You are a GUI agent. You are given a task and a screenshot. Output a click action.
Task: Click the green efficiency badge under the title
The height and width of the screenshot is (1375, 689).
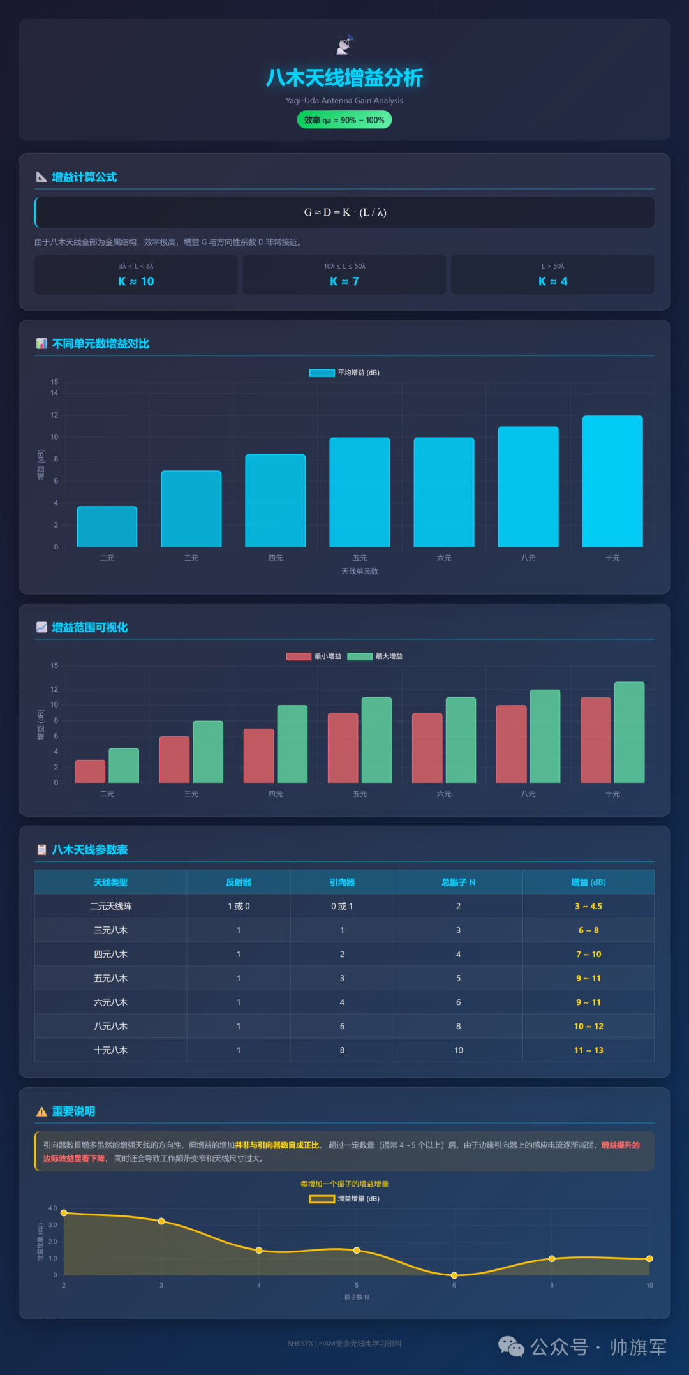click(x=344, y=120)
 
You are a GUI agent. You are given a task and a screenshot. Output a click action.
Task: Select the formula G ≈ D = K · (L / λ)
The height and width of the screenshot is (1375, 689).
click(x=345, y=212)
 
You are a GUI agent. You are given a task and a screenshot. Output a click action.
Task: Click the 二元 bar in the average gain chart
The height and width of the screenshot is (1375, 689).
click(x=107, y=527)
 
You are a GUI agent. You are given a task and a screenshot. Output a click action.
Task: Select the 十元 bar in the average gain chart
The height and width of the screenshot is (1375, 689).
click(x=612, y=482)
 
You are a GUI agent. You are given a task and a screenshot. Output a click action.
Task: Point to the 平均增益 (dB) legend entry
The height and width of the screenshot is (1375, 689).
click(x=344, y=373)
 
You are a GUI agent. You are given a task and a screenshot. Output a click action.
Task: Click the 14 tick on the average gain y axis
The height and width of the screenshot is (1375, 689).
click(x=54, y=393)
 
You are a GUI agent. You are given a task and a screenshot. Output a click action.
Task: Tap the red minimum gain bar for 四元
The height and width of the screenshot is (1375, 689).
click(x=258, y=755)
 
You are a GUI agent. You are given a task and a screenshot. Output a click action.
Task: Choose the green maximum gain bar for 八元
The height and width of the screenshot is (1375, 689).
click(x=545, y=736)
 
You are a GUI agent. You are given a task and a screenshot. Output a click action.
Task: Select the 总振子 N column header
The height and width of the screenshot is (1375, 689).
click(x=458, y=882)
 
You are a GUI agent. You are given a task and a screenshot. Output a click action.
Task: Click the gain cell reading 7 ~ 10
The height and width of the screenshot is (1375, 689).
click(x=588, y=955)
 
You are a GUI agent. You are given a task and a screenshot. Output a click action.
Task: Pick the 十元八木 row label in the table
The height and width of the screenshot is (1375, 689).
click(x=110, y=1050)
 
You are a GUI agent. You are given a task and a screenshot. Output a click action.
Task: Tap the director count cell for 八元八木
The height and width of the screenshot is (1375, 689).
click(x=342, y=1027)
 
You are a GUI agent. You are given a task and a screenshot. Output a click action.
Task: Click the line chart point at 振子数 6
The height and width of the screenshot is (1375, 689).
click(x=454, y=1275)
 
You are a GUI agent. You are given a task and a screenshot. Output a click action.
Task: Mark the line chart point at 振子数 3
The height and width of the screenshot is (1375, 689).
click(x=161, y=1221)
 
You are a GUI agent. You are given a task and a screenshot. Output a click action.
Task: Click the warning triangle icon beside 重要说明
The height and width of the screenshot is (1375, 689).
click(x=41, y=1112)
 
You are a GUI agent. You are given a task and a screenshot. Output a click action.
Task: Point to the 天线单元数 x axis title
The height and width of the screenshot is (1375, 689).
click(x=360, y=571)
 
